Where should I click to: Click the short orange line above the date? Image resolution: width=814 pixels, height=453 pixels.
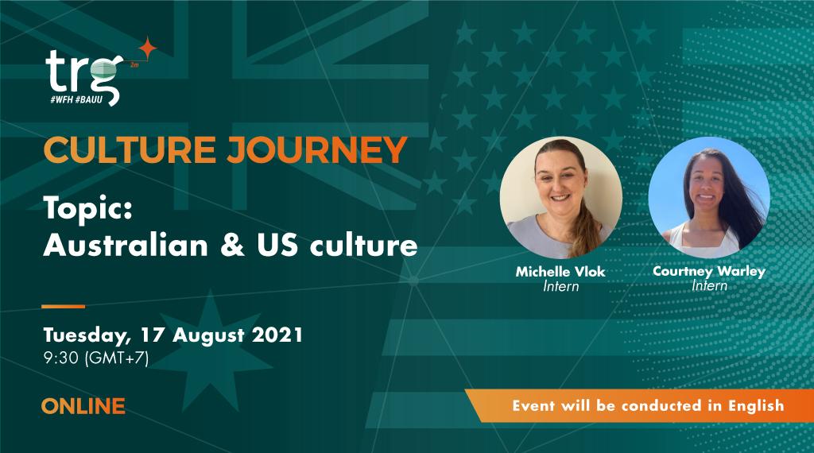coord(63,306)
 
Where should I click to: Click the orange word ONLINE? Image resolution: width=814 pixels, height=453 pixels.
coord(83,406)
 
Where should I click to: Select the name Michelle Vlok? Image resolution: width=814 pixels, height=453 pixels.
coord(560,272)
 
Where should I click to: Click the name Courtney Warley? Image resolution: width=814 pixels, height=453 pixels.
coord(709,271)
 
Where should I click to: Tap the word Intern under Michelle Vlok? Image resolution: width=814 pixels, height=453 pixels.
coord(560,287)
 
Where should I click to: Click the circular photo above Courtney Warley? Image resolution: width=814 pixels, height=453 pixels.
coord(709,198)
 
